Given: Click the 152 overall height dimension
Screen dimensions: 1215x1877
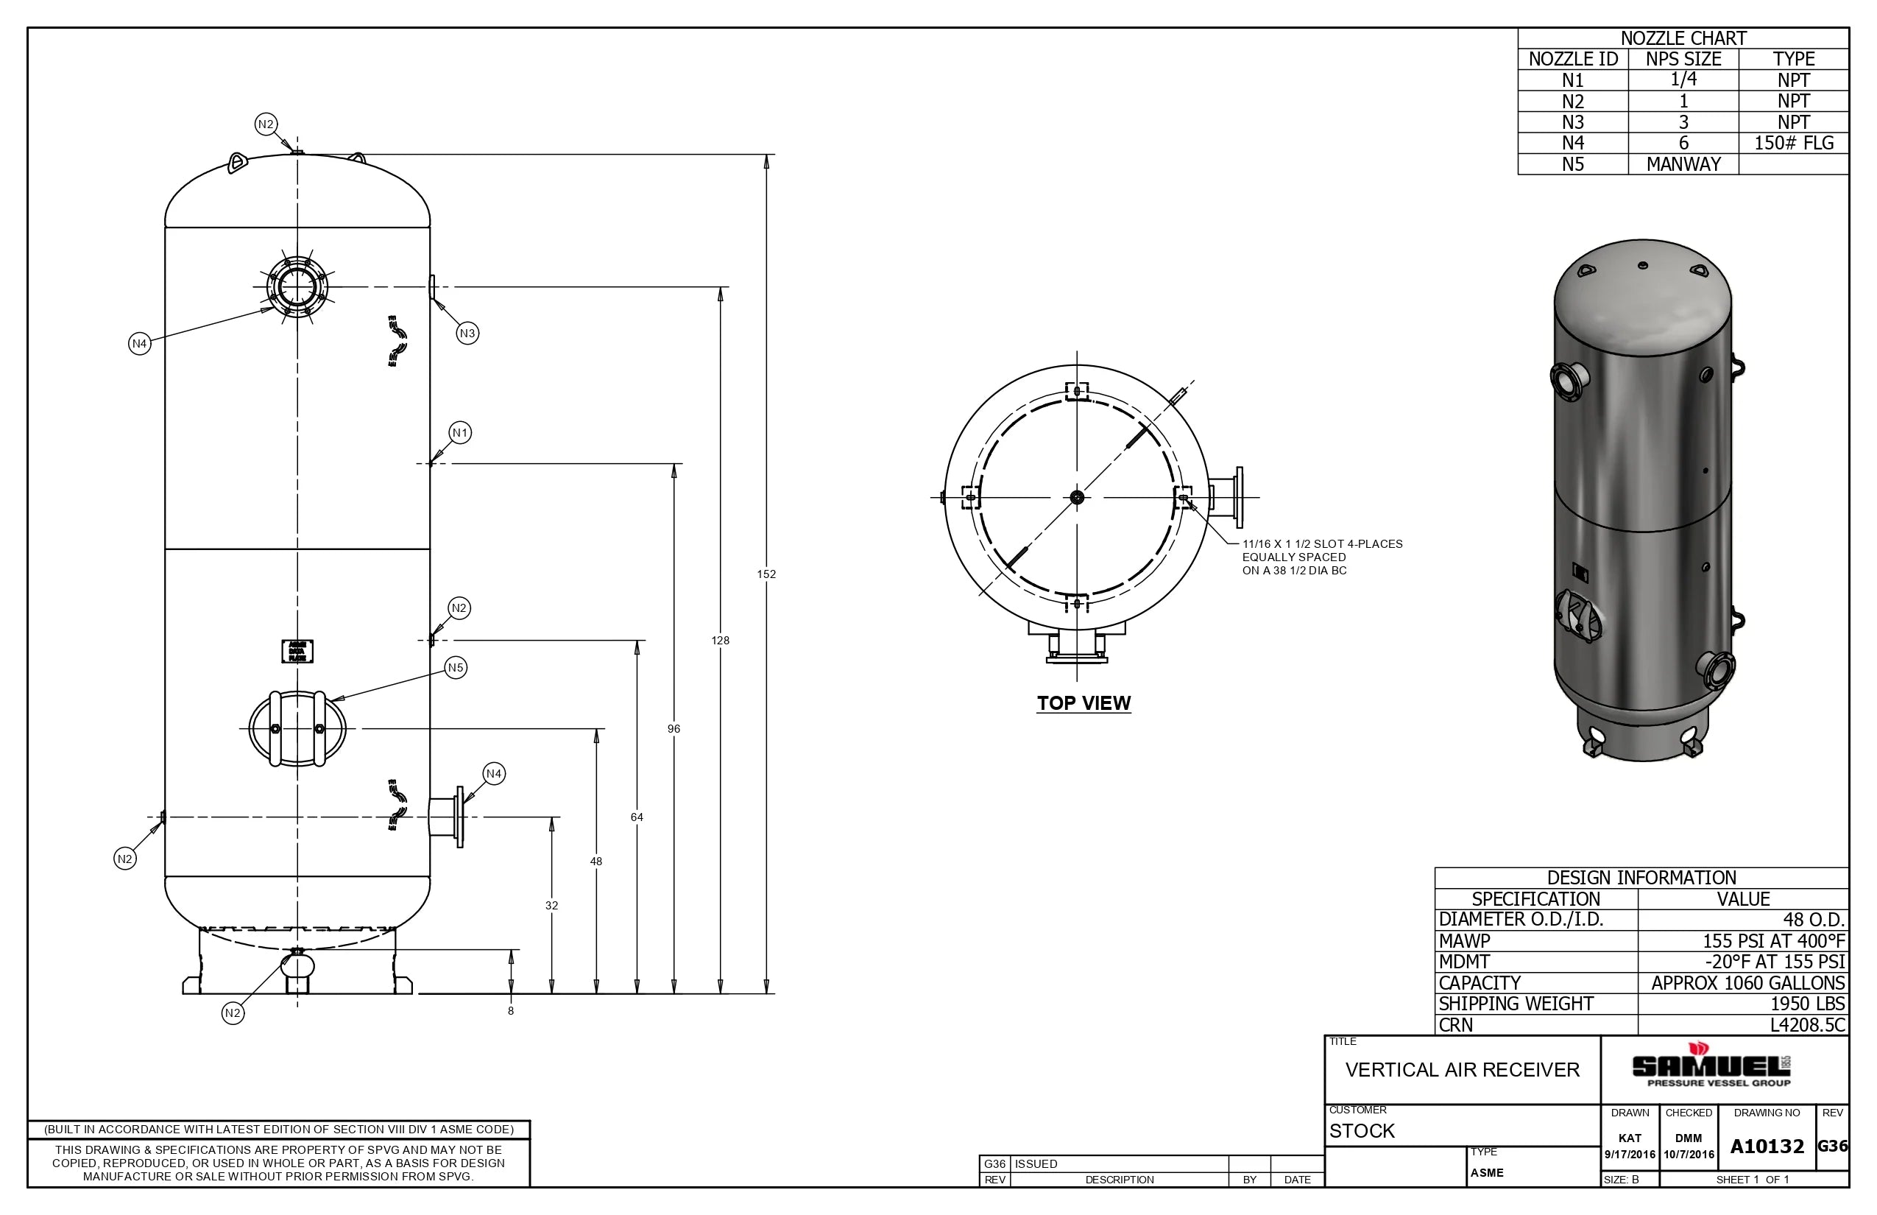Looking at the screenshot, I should pyautogui.click(x=766, y=574).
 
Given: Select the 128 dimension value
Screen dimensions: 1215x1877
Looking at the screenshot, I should pyautogui.click(x=720, y=641).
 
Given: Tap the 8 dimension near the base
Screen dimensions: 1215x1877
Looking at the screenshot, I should pyautogui.click(x=511, y=1010).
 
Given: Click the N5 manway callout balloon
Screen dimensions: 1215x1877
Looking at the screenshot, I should pyautogui.click(x=456, y=667).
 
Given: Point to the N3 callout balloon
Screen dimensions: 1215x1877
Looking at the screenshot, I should pyautogui.click(x=467, y=333).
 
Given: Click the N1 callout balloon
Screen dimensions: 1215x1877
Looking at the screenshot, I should pyautogui.click(x=460, y=432).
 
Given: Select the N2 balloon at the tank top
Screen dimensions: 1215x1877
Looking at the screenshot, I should pyautogui.click(x=266, y=124).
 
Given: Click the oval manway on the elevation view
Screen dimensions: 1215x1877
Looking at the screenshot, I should pyautogui.click(x=297, y=729).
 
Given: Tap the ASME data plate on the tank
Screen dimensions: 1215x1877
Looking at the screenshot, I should pyautogui.click(x=297, y=651).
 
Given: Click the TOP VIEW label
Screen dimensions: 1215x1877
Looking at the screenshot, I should pyautogui.click(x=1084, y=703).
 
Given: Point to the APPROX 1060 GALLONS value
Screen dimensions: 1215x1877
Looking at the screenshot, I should pyautogui.click(x=1747, y=983).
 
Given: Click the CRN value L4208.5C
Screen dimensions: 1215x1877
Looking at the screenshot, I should pyautogui.click(x=1808, y=1025).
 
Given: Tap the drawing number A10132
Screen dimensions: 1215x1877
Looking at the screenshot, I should pyautogui.click(x=1767, y=1147).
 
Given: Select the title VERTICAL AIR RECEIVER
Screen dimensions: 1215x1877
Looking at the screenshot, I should pyautogui.click(x=1462, y=1070).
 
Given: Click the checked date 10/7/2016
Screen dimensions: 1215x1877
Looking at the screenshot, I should pyautogui.click(x=1689, y=1155).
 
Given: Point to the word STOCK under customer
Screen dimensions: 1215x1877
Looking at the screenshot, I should pyautogui.click(x=1362, y=1130).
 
